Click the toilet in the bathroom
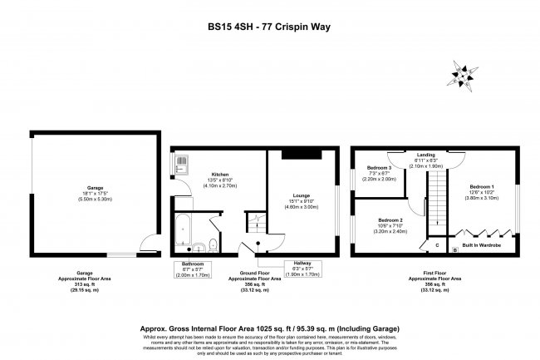214,244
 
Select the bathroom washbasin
199,246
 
